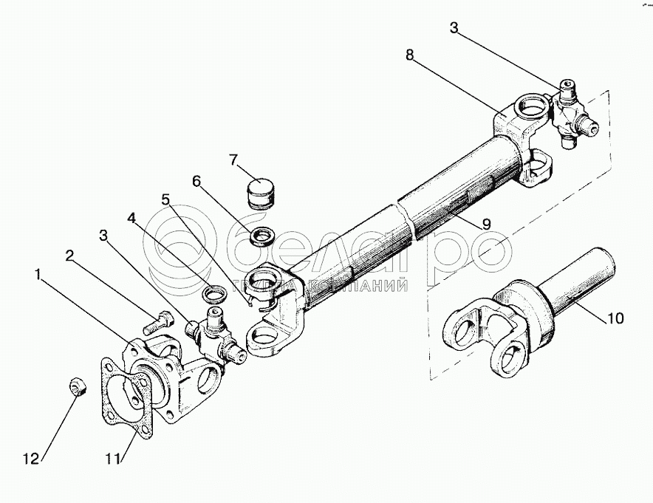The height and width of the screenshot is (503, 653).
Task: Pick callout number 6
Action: [x=196, y=179]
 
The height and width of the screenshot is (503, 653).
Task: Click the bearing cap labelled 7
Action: [x=260, y=194]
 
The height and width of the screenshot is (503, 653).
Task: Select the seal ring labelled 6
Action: [x=261, y=237]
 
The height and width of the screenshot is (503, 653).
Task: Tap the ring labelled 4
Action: [x=213, y=295]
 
